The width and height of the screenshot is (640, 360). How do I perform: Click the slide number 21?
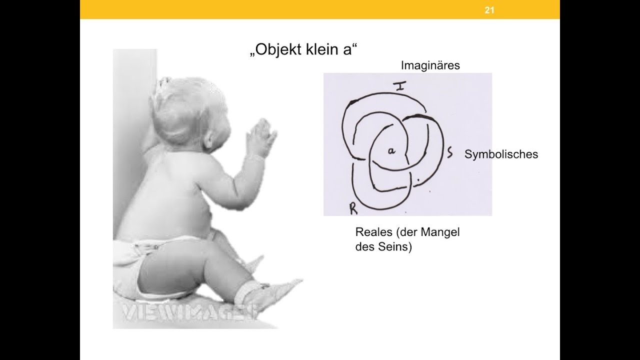pyautogui.click(x=489, y=9)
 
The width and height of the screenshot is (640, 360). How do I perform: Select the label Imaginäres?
pyautogui.click(x=430, y=65)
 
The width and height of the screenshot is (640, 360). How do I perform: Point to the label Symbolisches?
pyautogui.click(x=501, y=154)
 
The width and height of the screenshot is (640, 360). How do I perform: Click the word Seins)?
pyautogui.click(x=395, y=247)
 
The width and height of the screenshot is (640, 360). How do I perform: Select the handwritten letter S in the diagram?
pyautogui.click(x=449, y=153)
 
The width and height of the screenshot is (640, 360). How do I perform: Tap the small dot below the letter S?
pyautogui.click(x=416, y=179)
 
